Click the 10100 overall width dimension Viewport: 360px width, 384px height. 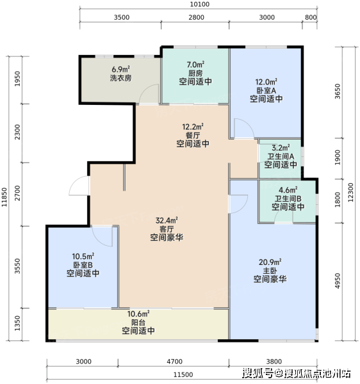200,4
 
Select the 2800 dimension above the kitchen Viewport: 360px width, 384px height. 196,17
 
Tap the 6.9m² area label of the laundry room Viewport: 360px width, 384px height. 121,69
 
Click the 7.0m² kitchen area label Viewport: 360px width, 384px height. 195,65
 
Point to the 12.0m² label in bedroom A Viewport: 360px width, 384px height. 266,82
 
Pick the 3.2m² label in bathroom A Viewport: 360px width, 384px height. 281,148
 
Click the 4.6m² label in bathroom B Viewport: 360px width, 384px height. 288,190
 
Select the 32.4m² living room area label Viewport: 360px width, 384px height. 167,220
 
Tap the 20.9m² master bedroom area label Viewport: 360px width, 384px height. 270,262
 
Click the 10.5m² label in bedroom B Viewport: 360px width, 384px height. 83,257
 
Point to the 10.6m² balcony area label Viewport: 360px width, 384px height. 138,314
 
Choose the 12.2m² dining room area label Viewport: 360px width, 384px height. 193,127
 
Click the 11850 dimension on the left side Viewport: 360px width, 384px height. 4,197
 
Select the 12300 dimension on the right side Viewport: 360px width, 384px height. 350,193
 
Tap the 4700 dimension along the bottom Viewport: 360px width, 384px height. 174,362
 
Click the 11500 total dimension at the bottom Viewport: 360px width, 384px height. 183,374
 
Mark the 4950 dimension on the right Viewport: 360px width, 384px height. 338,281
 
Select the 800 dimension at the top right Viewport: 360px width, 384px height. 311,17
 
